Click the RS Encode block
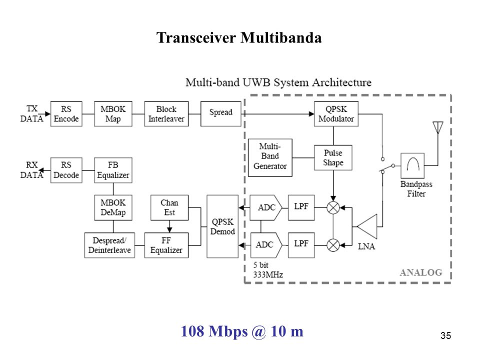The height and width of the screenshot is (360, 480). [x=66, y=114]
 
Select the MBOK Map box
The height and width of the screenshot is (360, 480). [x=113, y=114]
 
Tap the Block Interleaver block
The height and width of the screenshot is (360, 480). [x=166, y=114]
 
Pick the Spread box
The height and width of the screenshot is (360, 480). [x=220, y=114]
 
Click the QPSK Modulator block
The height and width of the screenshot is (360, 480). [x=336, y=114]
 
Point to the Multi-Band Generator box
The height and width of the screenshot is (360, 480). [x=270, y=157]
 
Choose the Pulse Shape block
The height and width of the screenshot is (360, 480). [x=333, y=157]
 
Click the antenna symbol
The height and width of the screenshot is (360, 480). [x=438, y=128]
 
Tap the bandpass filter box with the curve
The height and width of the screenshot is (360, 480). [x=412, y=165]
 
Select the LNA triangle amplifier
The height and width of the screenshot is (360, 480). [x=367, y=226]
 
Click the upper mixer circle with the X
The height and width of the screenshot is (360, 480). [x=333, y=208]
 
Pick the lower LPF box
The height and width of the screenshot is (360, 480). [x=301, y=245]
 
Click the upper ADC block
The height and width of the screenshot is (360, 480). [x=265, y=207]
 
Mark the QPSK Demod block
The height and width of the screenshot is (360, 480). [x=222, y=226]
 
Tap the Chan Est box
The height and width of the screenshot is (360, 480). [x=169, y=207]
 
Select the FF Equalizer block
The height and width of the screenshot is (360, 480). [x=166, y=245]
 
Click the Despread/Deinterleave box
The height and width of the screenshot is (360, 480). [x=109, y=245]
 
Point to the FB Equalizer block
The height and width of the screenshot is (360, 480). [x=113, y=170]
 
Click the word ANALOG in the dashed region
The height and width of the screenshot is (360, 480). [x=421, y=272]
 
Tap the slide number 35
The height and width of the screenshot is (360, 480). [x=445, y=335]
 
